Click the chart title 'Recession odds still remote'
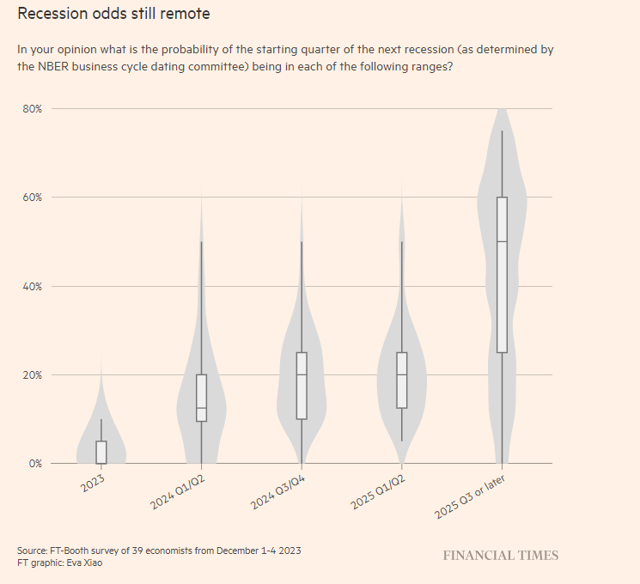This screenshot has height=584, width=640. point(113,15)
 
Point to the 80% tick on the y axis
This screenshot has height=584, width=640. point(33,109)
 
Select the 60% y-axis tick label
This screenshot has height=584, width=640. point(33,198)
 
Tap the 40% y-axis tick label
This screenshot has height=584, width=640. point(33,286)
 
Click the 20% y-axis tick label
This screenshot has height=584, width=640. point(33,375)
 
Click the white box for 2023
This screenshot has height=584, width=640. point(101,452)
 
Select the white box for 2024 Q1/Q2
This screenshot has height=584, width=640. point(201,398)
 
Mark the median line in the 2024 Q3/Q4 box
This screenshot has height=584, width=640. point(302,375)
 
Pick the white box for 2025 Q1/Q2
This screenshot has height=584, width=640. point(401,380)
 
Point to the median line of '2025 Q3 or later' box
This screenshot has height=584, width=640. point(502,242)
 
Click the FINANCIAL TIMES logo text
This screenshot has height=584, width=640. point(500,556)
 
